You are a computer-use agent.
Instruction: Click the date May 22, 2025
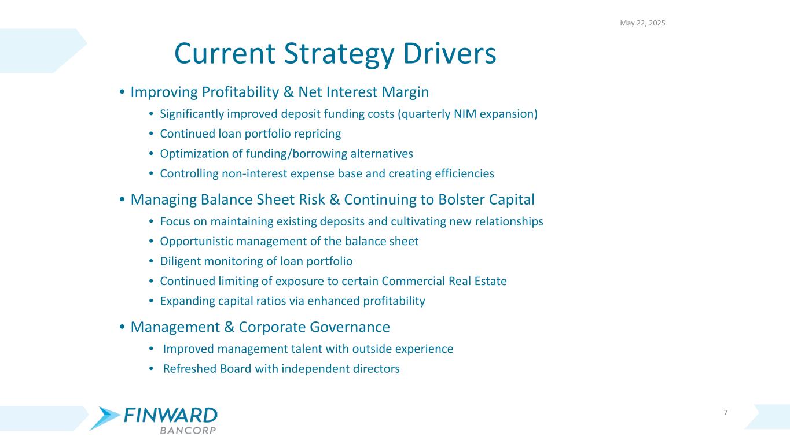click(x=642, y=23)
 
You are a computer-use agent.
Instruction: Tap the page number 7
click(x=726, y=412)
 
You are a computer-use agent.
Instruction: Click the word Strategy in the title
click(x=336, y=53)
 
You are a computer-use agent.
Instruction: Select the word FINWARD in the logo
click(x=171, y=416)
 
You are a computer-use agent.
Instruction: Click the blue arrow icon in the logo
click(x=105, y=418)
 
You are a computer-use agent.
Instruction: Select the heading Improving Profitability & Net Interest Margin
click(x=280, y=92)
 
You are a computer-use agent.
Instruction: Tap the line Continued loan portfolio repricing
click(x=250, y=134)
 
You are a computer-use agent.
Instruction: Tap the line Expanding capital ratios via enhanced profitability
click(x=292, y=301)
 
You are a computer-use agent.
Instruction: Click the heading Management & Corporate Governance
click(x=260, y=327)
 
